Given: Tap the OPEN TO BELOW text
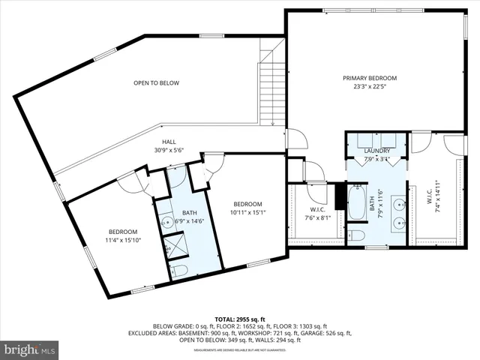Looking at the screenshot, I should tap(156, 82).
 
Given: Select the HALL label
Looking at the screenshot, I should tap(169, 141).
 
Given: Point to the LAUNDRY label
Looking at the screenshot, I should tap(378, 151).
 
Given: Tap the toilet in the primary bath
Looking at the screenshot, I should tap(357, 236).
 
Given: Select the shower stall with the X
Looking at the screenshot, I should tap(177, 246).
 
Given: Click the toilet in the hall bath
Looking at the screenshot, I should tap(178, 271).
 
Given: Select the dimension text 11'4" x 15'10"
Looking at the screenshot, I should tap(123, 240).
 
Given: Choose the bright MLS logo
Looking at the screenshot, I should tap(30, 349).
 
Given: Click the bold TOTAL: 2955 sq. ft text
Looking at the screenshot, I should tap(240, 319).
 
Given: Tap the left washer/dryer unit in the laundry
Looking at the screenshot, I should tap(365, 140).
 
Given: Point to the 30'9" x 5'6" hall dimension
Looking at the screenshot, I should tap(169, 149).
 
